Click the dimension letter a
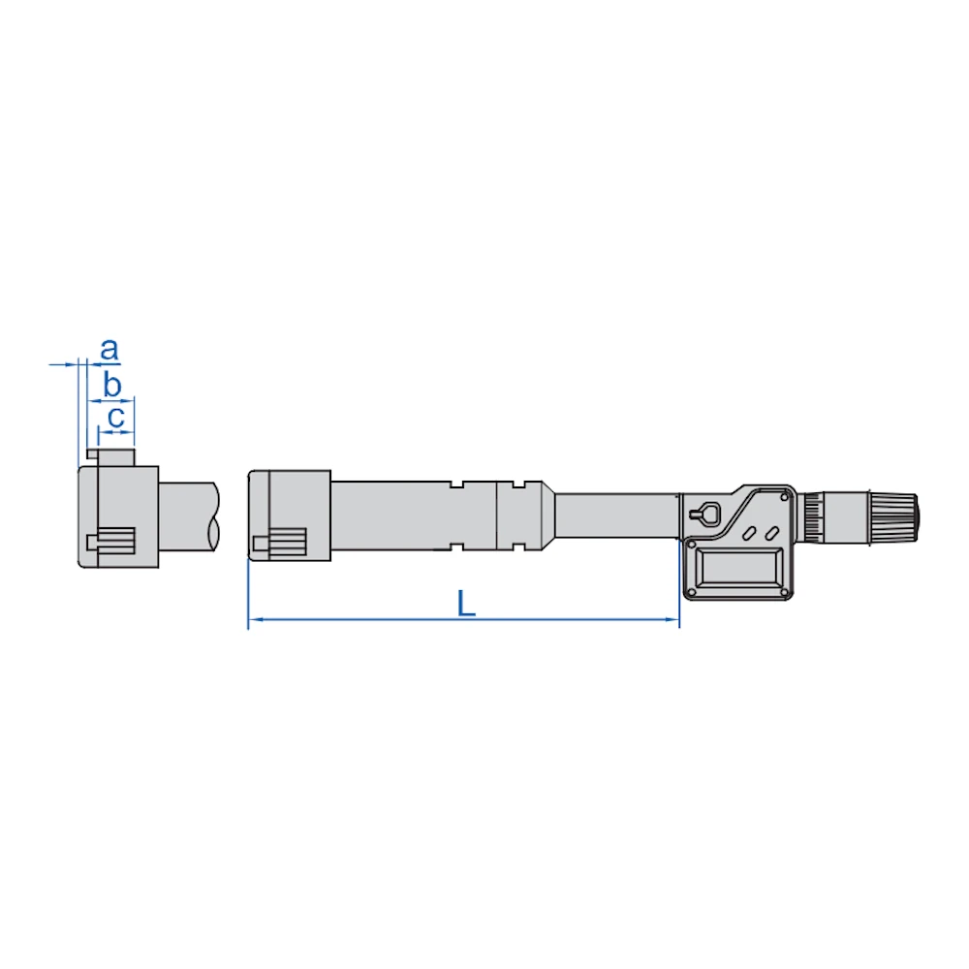tap(109, 350)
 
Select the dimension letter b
tap(111, 385)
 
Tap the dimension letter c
tap(116, 418)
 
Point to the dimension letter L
tap(466, 604)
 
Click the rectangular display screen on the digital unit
tap(737, 569)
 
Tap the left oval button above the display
tap(750, 533)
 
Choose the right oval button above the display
tap(771, 533)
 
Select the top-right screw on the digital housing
tap(785, 497)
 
